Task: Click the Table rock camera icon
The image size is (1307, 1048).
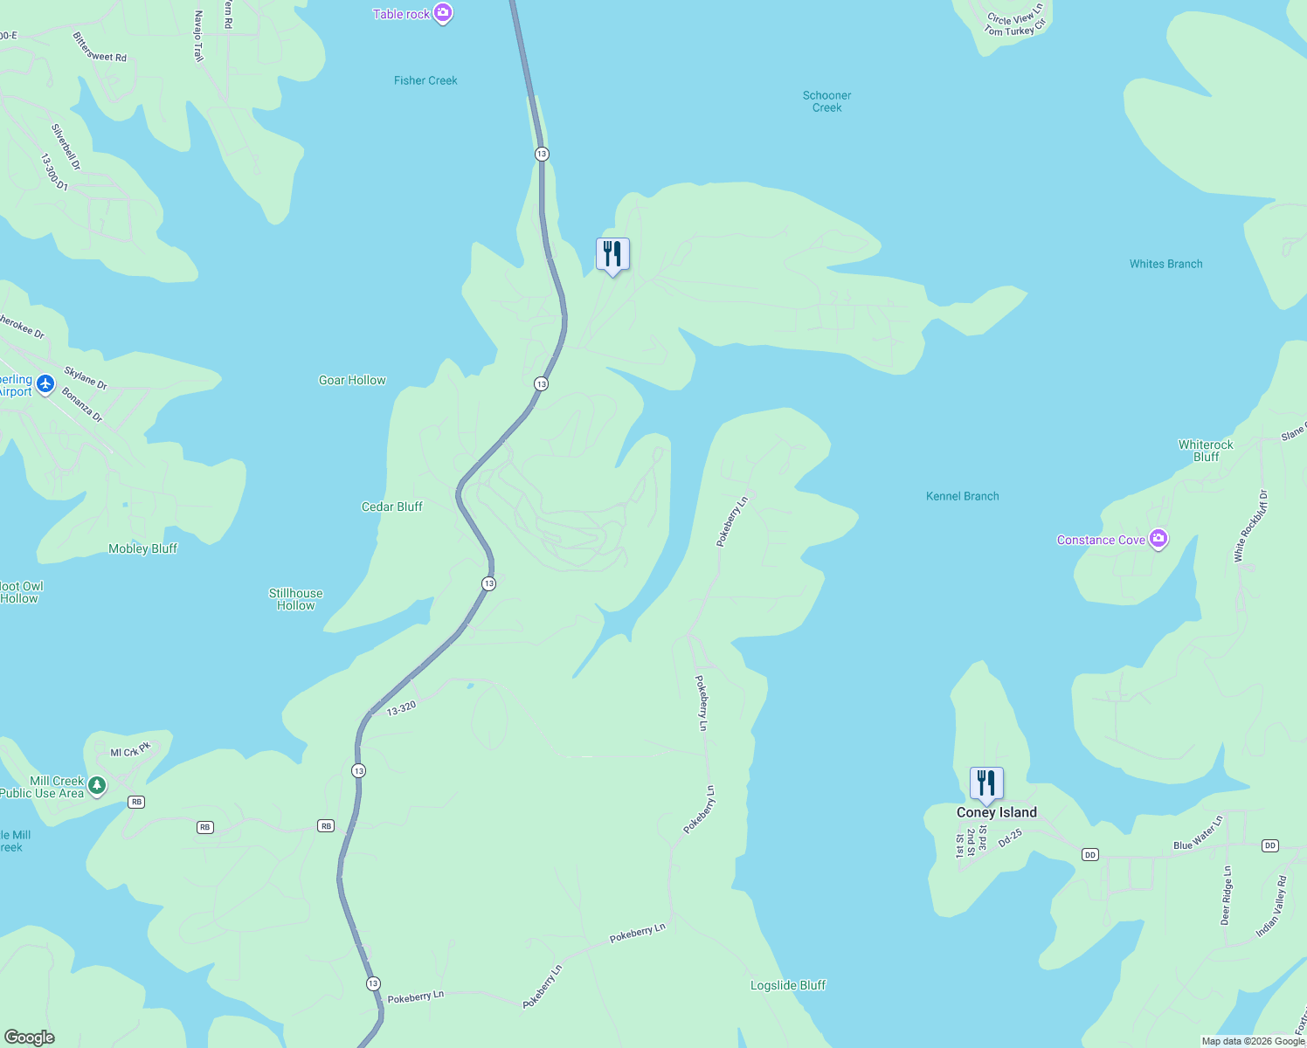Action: pyautogui.click(x=443, y=13)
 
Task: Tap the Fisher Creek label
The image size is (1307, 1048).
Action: pyautogui.click(x=425, y=80)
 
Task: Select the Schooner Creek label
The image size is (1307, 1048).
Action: pyautogui.click(x=826, y=101)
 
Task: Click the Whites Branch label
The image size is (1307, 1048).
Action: pyautogui.click(x=1165, y=264)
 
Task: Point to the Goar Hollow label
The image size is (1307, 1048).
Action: pyautogui.click(x=352, y=380)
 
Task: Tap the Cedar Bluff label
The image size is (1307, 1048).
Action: pyautogui.click(x=392, y=507)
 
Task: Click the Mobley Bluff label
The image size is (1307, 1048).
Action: pyautogui.click(x=142, y=548)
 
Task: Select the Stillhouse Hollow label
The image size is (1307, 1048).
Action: pyautogui.click(x=295, y=599)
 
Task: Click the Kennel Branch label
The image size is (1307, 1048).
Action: pyautogui.click(x=962, y=496)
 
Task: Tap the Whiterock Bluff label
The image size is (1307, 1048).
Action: pyautogui.click(x=1206, y=451)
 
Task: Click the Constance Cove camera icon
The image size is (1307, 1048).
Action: pyautogui.click(x=1158, y=539)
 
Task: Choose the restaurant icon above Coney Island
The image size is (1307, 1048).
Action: pyautogui.click(x=986, y=783)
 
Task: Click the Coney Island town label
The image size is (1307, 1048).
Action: pyautogui.click(x=996, y=812)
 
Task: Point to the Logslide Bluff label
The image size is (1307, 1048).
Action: pyautogui.click(x=788, y=985)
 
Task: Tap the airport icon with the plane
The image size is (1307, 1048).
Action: pyautogui.click(x=45, y=383)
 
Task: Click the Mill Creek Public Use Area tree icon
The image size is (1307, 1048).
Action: pyautogui.click(x=97, y=785)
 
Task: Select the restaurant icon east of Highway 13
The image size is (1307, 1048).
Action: pyautogui.click(x=612, y=254)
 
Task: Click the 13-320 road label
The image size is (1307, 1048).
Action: pyautogui.click(x=401, y=709)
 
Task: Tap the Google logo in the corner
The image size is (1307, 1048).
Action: pyautogui.click(x=29, y=1037)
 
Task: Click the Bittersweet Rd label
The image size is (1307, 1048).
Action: pyautogui.click(x=100, y=49)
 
